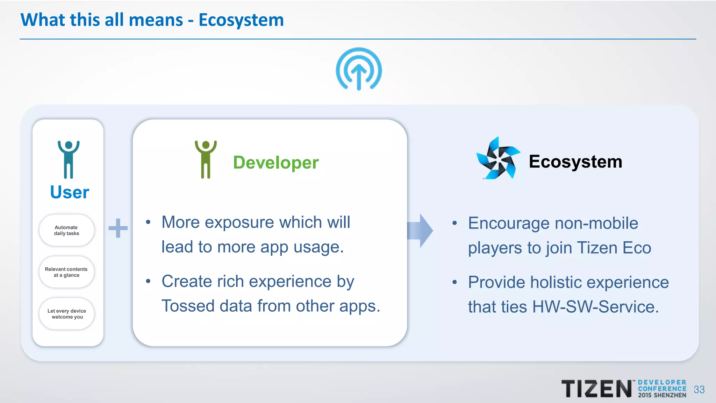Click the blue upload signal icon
359,69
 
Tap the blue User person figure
69,159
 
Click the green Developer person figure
206,159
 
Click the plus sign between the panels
118,228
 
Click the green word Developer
276,163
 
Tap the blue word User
70,192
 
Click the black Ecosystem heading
575,162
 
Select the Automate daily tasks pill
66,230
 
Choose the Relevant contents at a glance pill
66,272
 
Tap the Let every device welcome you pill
66,314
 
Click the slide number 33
699,390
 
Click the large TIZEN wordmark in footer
596,389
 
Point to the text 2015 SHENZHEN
662,395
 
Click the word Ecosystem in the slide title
241,20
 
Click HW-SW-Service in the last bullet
595,307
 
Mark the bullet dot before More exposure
148,222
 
